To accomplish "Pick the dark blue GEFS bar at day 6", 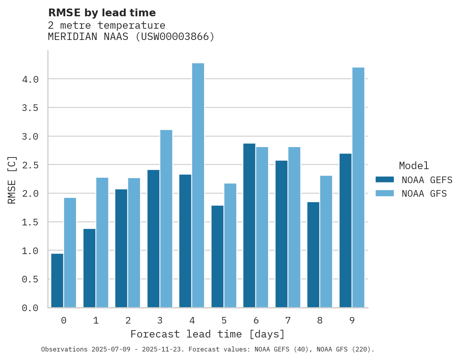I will (x=249, y=225).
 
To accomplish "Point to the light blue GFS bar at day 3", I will (x=166, y=219).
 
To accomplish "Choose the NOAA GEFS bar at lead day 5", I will (x=217, y=256).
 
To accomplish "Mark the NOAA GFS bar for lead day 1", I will (x=102, y=242).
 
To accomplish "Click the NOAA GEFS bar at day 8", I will (x=313, y=254).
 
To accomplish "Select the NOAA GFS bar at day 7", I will (x=294, y=227).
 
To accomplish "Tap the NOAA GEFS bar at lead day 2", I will (x=121, y=248).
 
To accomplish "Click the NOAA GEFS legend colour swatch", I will (x=385, y=180).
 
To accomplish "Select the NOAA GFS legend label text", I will (x=424, y=194).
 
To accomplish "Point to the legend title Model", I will (x=414, y=166).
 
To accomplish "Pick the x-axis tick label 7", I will (x=288, y=320).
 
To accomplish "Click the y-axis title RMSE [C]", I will (x=12, y=179).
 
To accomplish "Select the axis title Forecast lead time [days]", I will (x=208, y=334).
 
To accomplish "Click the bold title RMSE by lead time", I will (x=102, y=13).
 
